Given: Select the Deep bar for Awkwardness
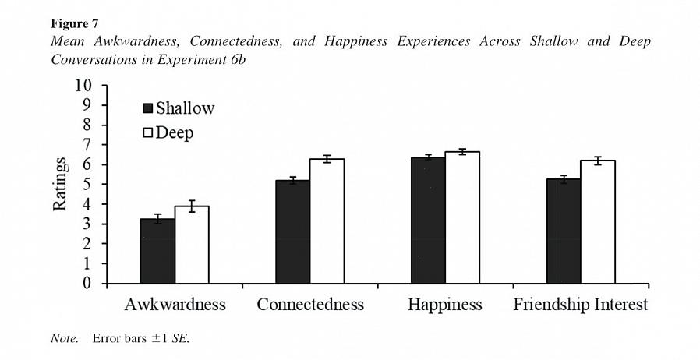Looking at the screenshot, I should point(192,245).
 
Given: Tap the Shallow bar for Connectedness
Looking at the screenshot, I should point(293,231).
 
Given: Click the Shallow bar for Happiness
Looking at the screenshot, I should point(429,220).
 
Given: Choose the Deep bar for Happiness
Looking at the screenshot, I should point(462,217).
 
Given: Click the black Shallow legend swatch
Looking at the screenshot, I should point(147,108).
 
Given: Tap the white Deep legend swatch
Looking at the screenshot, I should point(147,132).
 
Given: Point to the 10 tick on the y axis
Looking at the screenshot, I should point(83,86).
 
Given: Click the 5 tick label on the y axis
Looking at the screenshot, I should point(87,185).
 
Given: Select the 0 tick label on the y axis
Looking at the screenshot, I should point(87,284).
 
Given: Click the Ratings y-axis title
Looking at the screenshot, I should point(60,185).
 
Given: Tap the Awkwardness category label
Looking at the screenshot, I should point(175,305).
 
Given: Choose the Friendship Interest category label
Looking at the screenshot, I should point(580,305).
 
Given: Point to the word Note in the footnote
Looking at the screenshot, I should point(64,339).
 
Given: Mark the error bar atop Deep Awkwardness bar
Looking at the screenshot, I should point(192,206).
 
